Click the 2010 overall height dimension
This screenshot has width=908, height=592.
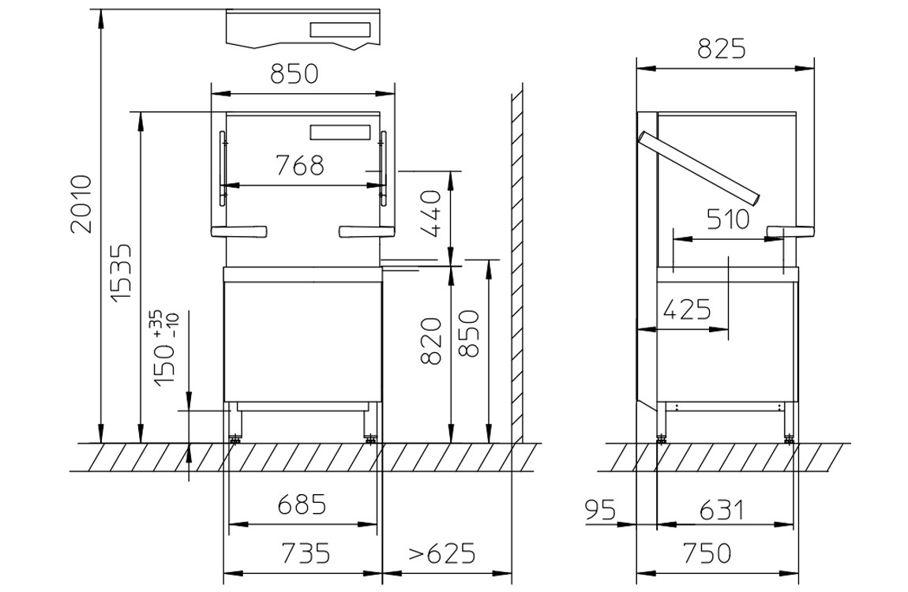tap(81, 203)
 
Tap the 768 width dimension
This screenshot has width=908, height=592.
tap(299, 166)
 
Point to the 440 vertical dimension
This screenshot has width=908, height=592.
tap(431, 215)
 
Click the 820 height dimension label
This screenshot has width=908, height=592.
tap(431, 341)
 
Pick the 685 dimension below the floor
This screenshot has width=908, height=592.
tap(302, 504)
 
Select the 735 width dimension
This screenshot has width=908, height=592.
tap(306, 553)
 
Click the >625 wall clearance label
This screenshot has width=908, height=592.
tap(442, 553)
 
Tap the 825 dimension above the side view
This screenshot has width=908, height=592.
tap(722, 49)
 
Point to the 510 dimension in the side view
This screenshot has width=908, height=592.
tap(728, 219)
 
